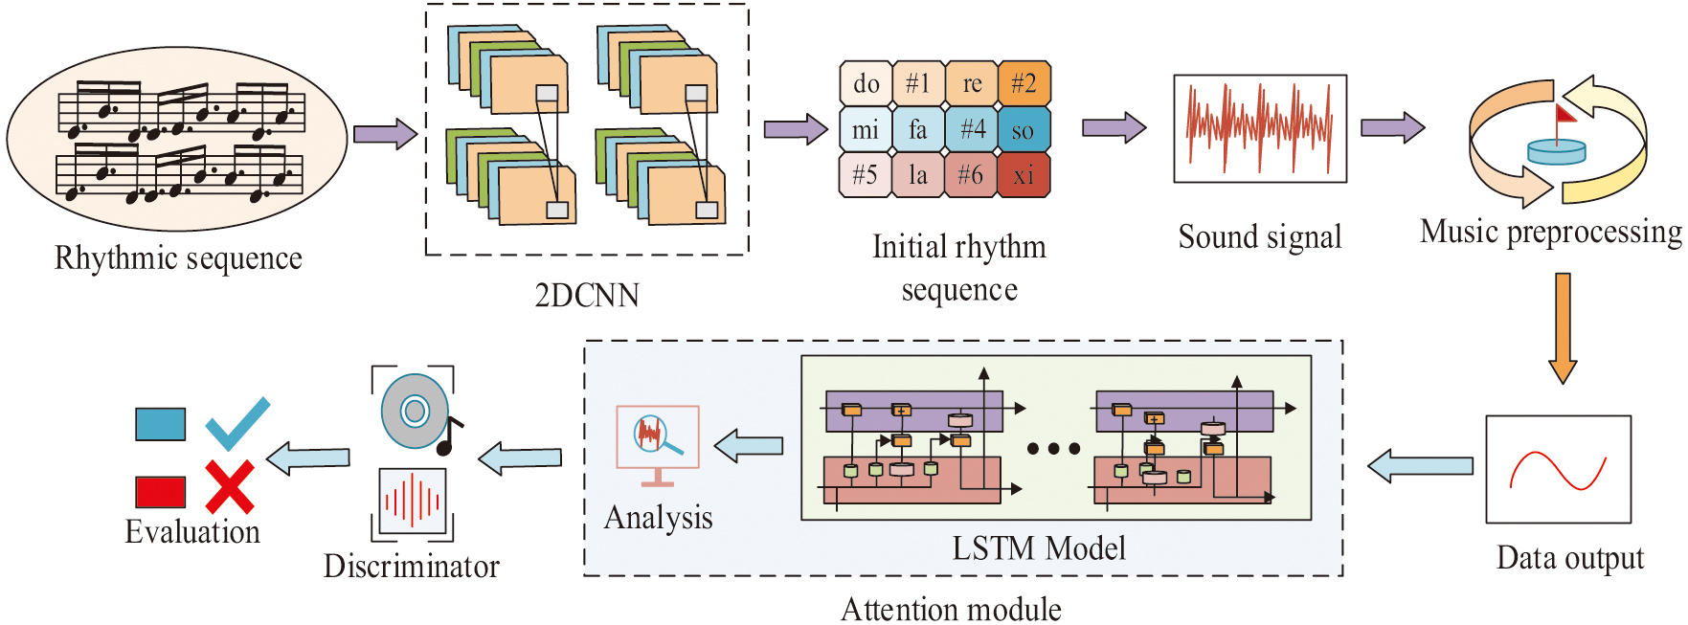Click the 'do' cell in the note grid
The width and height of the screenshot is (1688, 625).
pos(866,84)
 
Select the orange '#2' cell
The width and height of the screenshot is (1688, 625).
pos(1024,84)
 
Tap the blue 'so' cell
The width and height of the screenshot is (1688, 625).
pos(1024,129)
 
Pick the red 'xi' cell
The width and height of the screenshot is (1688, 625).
pos(1024,175)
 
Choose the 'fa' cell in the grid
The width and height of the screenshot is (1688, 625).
pos(918,129)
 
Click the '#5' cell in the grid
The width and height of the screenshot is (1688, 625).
pos(866,175)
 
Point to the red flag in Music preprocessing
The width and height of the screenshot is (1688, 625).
pos(1565,116)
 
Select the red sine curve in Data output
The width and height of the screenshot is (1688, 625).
pos(1558,470)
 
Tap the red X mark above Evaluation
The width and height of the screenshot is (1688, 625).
pos(230,487)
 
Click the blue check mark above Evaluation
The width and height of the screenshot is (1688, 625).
pos(236,424)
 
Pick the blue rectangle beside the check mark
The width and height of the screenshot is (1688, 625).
pos(161,424)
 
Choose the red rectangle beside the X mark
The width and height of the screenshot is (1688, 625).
pos(161,492)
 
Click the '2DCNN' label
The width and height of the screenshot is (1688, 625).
pos(587,295)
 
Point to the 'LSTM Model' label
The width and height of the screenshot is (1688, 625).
pos(1039,548)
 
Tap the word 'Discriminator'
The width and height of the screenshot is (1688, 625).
pos(412,567)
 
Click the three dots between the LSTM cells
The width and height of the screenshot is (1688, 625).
pos(1053,448)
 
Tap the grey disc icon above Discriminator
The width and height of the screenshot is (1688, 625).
pos(415,412)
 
